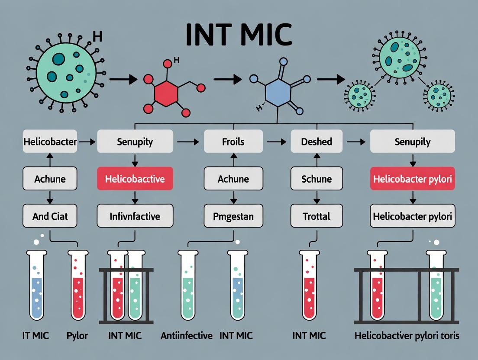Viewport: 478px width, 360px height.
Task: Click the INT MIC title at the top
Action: pos(239,35)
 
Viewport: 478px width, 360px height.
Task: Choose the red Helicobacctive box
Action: pos(135,178)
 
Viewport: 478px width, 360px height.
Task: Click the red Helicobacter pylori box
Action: pos(413,178)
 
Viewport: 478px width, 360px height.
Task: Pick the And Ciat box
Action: pos(50,215)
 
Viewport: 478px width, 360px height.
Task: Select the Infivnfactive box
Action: pos(135,215)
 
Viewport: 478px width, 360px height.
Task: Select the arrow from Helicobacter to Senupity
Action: pos(87,141)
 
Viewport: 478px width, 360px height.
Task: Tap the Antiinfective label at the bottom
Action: pos(187,335)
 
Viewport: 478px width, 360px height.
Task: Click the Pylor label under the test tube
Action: pos(78,335)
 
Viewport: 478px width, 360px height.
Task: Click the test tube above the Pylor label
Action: pos(78,286)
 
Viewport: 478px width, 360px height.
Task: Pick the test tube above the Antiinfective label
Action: pos(187,286)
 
